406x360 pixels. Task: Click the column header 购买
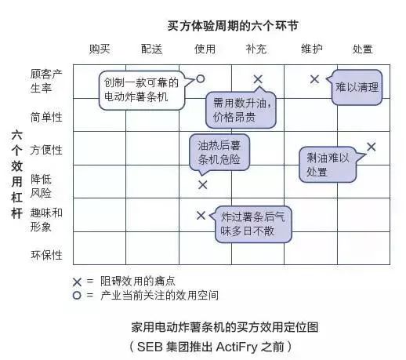tap(100, 49)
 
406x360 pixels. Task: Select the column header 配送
tap(152, 49)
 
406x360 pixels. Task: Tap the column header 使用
tap(205, 49)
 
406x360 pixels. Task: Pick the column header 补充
tap(256, 49)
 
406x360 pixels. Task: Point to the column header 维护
tap(311, 49)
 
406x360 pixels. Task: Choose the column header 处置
tap(362, 49)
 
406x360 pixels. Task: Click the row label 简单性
tap(46, 117)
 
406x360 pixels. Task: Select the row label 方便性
tap(46, 150)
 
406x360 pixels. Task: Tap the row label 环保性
tap(46, 255)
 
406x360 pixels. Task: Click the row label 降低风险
tap(41, 185)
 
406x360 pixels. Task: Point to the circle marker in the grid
tap(201, 78)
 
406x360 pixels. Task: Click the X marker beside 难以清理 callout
tap(314, 78)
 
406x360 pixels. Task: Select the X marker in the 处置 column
tap(371, 147)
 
